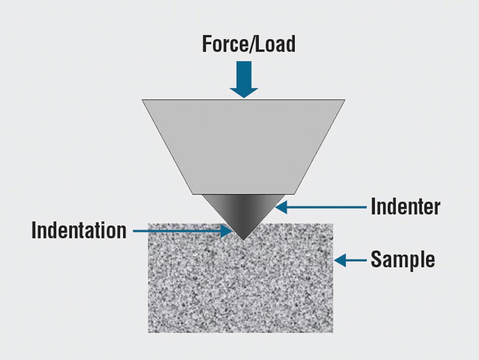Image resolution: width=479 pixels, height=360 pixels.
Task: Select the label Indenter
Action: point(405,207)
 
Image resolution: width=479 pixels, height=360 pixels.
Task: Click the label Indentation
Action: point(79,230)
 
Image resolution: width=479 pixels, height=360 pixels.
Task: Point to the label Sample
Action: point(403,259)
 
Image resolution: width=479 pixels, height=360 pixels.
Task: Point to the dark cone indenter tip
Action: point(243,211)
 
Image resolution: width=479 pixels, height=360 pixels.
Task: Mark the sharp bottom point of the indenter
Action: point(243,240)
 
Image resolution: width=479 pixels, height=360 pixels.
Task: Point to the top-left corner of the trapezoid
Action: point(143,100)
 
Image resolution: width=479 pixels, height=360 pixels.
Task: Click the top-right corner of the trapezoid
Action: point(344,100)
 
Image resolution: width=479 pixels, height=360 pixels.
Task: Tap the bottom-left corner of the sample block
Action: point(149,332)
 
